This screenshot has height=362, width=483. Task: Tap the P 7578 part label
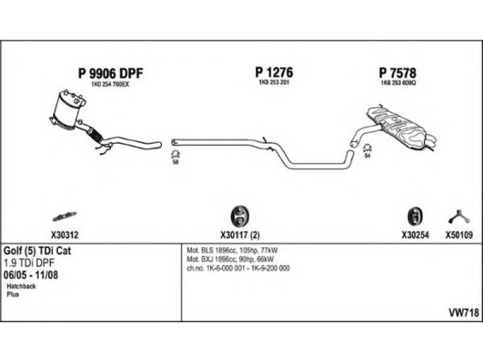(x=398, y=73)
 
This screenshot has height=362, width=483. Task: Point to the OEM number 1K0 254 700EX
(x=110, y=84)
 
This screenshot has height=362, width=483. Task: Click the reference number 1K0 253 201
(x=274, y=82)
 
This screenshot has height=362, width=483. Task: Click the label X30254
(x=415, y=236)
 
